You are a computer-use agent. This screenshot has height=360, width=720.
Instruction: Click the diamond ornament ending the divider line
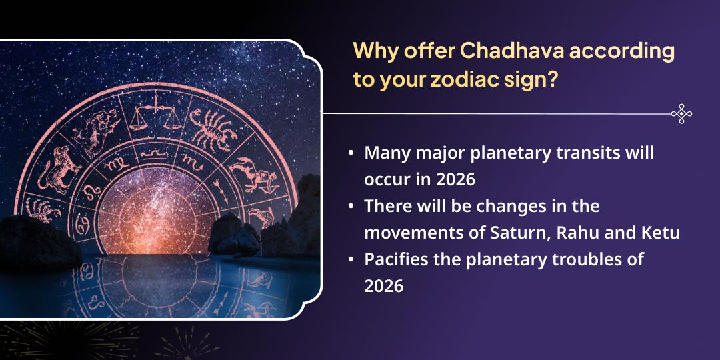point(681,114)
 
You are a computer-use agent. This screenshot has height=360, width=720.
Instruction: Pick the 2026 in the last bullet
point(384,286)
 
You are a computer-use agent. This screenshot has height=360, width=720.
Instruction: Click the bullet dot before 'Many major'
point(351,153)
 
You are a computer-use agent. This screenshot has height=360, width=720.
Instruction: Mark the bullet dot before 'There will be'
point(351,207)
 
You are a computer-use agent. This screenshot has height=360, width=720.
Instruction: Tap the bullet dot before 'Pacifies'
point(351,260)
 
